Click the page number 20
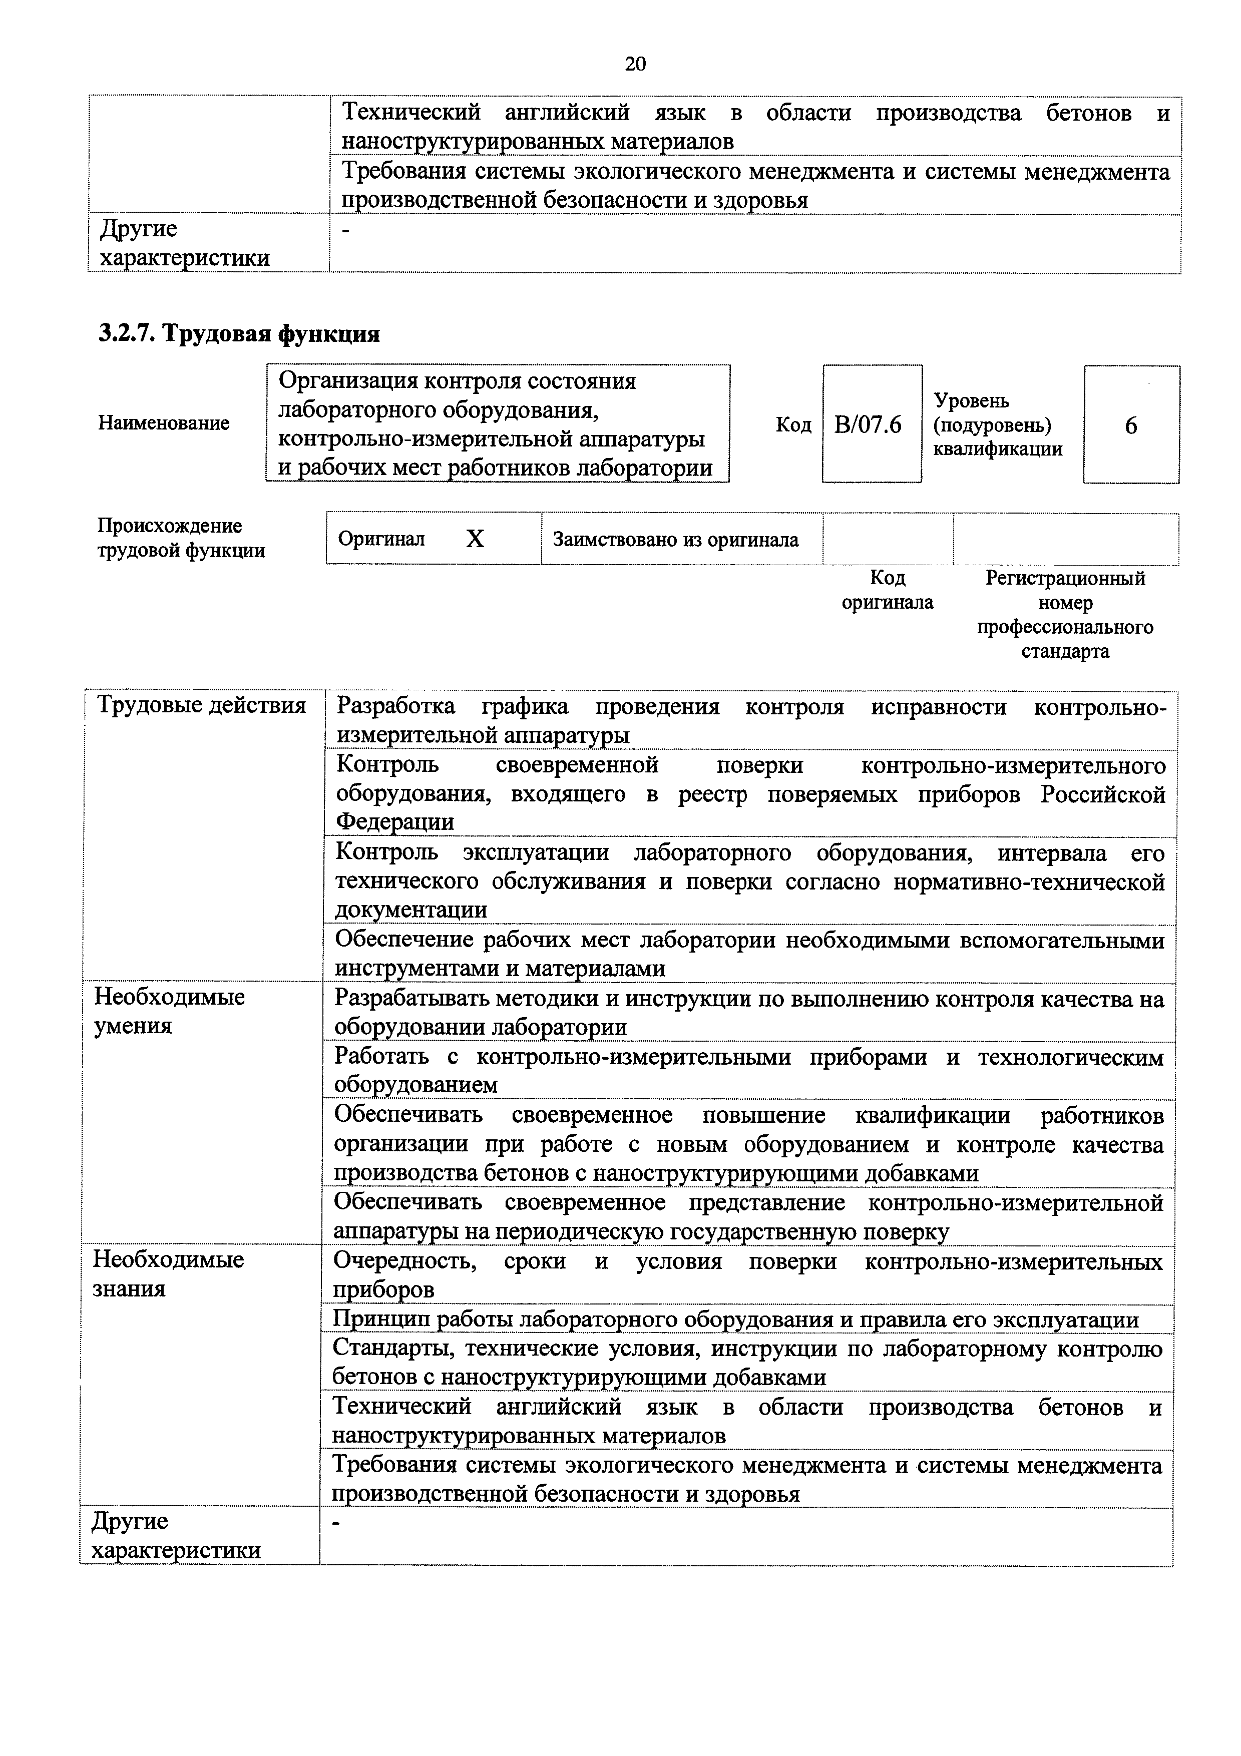point(635,64)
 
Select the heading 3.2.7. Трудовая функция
point(239,334)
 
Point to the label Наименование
point(164,423)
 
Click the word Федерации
point(395,822)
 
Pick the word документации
point(411,910)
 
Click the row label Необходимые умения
point(169,1011)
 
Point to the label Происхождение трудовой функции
point(181,538)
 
